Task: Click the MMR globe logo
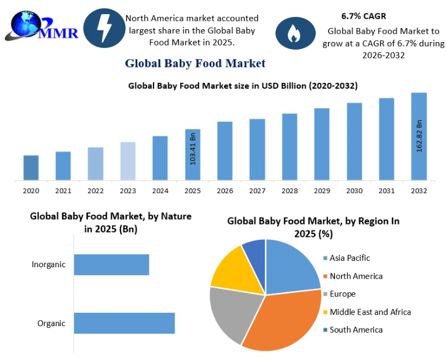(41, 26)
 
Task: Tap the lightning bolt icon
(104, 28)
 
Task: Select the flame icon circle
(295, 33)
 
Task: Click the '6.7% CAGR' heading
(364, 16)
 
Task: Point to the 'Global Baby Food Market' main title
(195, 63)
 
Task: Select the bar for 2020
(31, 167)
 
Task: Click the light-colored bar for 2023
(128, 161)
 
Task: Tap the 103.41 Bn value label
(193, 149)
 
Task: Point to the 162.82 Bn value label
(419, 136)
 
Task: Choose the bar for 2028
(289, 147)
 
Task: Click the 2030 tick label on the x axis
(354, 191)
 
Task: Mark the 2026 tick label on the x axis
(225, 191)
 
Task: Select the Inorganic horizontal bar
(111, 265)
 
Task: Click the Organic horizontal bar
(124, 323)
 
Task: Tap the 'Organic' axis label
(51, 323)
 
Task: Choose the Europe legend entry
(340, 294)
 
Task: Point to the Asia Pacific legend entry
(347, 258)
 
